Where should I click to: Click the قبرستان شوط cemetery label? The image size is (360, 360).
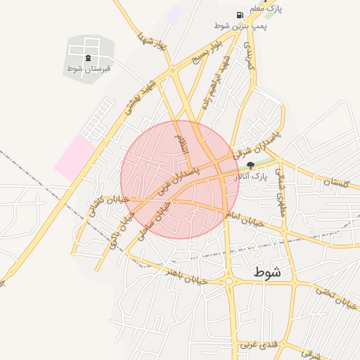click(x=89, y=68)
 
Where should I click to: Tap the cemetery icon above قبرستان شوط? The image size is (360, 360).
click(x=88, y=58)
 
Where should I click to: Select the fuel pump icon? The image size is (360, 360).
click(x=240, y=15)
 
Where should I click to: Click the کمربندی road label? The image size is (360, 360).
click(x=247, y=55)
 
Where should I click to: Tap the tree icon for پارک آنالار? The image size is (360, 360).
click(x=251, y=167)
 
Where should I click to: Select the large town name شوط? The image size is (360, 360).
click(x=268, y=272)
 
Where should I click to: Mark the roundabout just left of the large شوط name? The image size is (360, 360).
click(x=229, y=282)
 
